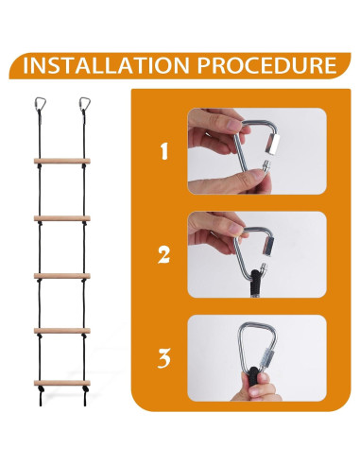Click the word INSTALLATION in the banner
[106, 65]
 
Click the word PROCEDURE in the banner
[266, 65]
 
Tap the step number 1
[164, 151]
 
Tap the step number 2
[163, 255]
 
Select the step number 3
[164, 358]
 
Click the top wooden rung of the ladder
[62, 161]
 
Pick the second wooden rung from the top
[62, 218]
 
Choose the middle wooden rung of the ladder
[62, 276]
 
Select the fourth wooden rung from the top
[62, 331]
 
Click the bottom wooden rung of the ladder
[62, 383]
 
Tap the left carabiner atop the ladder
[40, 104]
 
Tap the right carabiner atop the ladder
[85, 104]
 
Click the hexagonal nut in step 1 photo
[272, 144]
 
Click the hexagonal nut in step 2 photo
[268, 245]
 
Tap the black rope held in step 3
[253, 376]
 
